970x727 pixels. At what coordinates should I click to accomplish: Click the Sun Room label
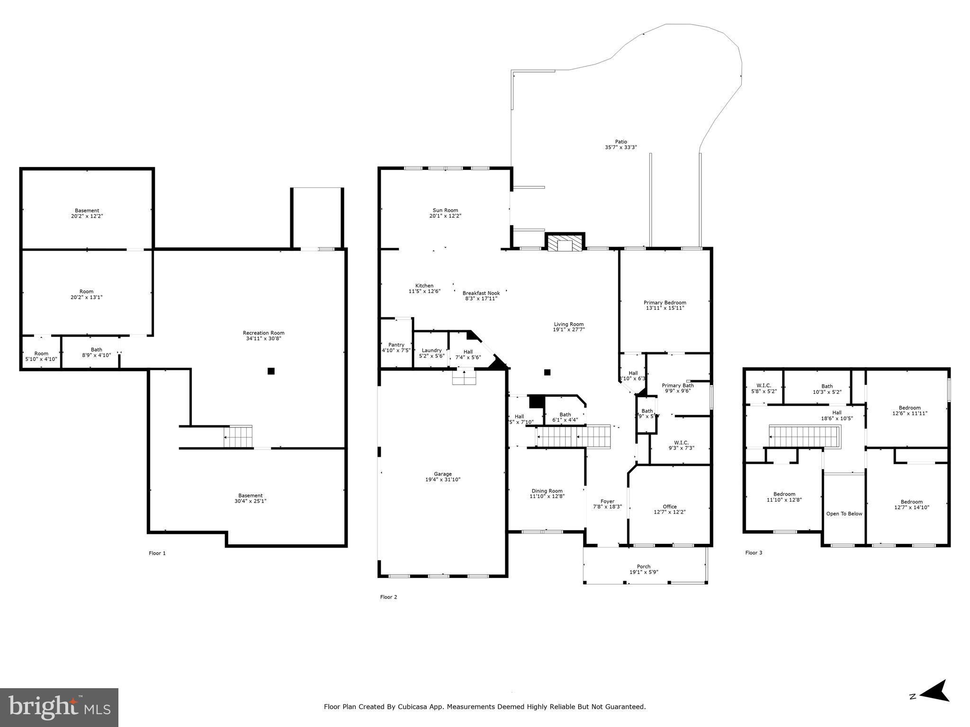(445, 210)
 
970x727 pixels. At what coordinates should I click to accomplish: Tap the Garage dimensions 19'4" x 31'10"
(442, 479)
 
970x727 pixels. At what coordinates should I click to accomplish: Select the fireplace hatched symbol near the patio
(565, 243)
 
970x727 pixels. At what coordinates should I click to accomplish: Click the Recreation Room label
(263, 333)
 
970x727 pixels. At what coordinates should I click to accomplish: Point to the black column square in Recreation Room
(271, 371)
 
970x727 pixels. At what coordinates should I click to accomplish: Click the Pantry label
(396, 345)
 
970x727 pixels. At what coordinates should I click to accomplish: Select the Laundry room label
(431, 350)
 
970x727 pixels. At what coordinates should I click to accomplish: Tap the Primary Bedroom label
(665, 302)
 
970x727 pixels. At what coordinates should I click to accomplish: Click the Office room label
(670, 506)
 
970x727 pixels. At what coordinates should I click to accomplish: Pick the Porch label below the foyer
(643, 567)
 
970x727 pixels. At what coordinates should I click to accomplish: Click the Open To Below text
(844, 514)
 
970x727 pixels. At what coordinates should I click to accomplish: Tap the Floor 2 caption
(388, 597)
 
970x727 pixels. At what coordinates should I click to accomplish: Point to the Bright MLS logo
(59, 707)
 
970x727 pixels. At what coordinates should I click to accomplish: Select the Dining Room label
(547, 491)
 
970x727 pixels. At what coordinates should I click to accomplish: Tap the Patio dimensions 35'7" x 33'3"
(620, 147)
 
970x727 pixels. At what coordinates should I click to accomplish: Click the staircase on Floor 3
(804, 436)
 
